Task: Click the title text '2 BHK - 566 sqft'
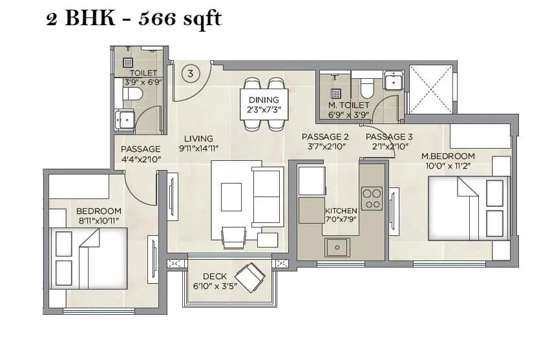coord(134,19)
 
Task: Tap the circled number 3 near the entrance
coord(189,74)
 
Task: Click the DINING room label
coord(264,100)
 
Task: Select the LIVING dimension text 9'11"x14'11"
coord(199,148)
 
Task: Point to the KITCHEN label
coord(341,211)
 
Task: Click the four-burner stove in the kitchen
coord(372,198)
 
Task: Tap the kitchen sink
coord(337,247)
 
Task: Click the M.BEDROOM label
coord(448,156)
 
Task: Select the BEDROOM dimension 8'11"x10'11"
coord(99,221)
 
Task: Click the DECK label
coord(215,276)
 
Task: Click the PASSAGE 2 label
coord(325,136)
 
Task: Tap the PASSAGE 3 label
coord(389,136)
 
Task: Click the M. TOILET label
coord(349,105)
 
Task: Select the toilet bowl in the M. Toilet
coord(368,87)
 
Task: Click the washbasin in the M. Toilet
coord(394,81)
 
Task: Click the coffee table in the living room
coord(231,196)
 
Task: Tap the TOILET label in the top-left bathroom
coord(143,73)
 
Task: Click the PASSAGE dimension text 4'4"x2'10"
coord(141,159)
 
